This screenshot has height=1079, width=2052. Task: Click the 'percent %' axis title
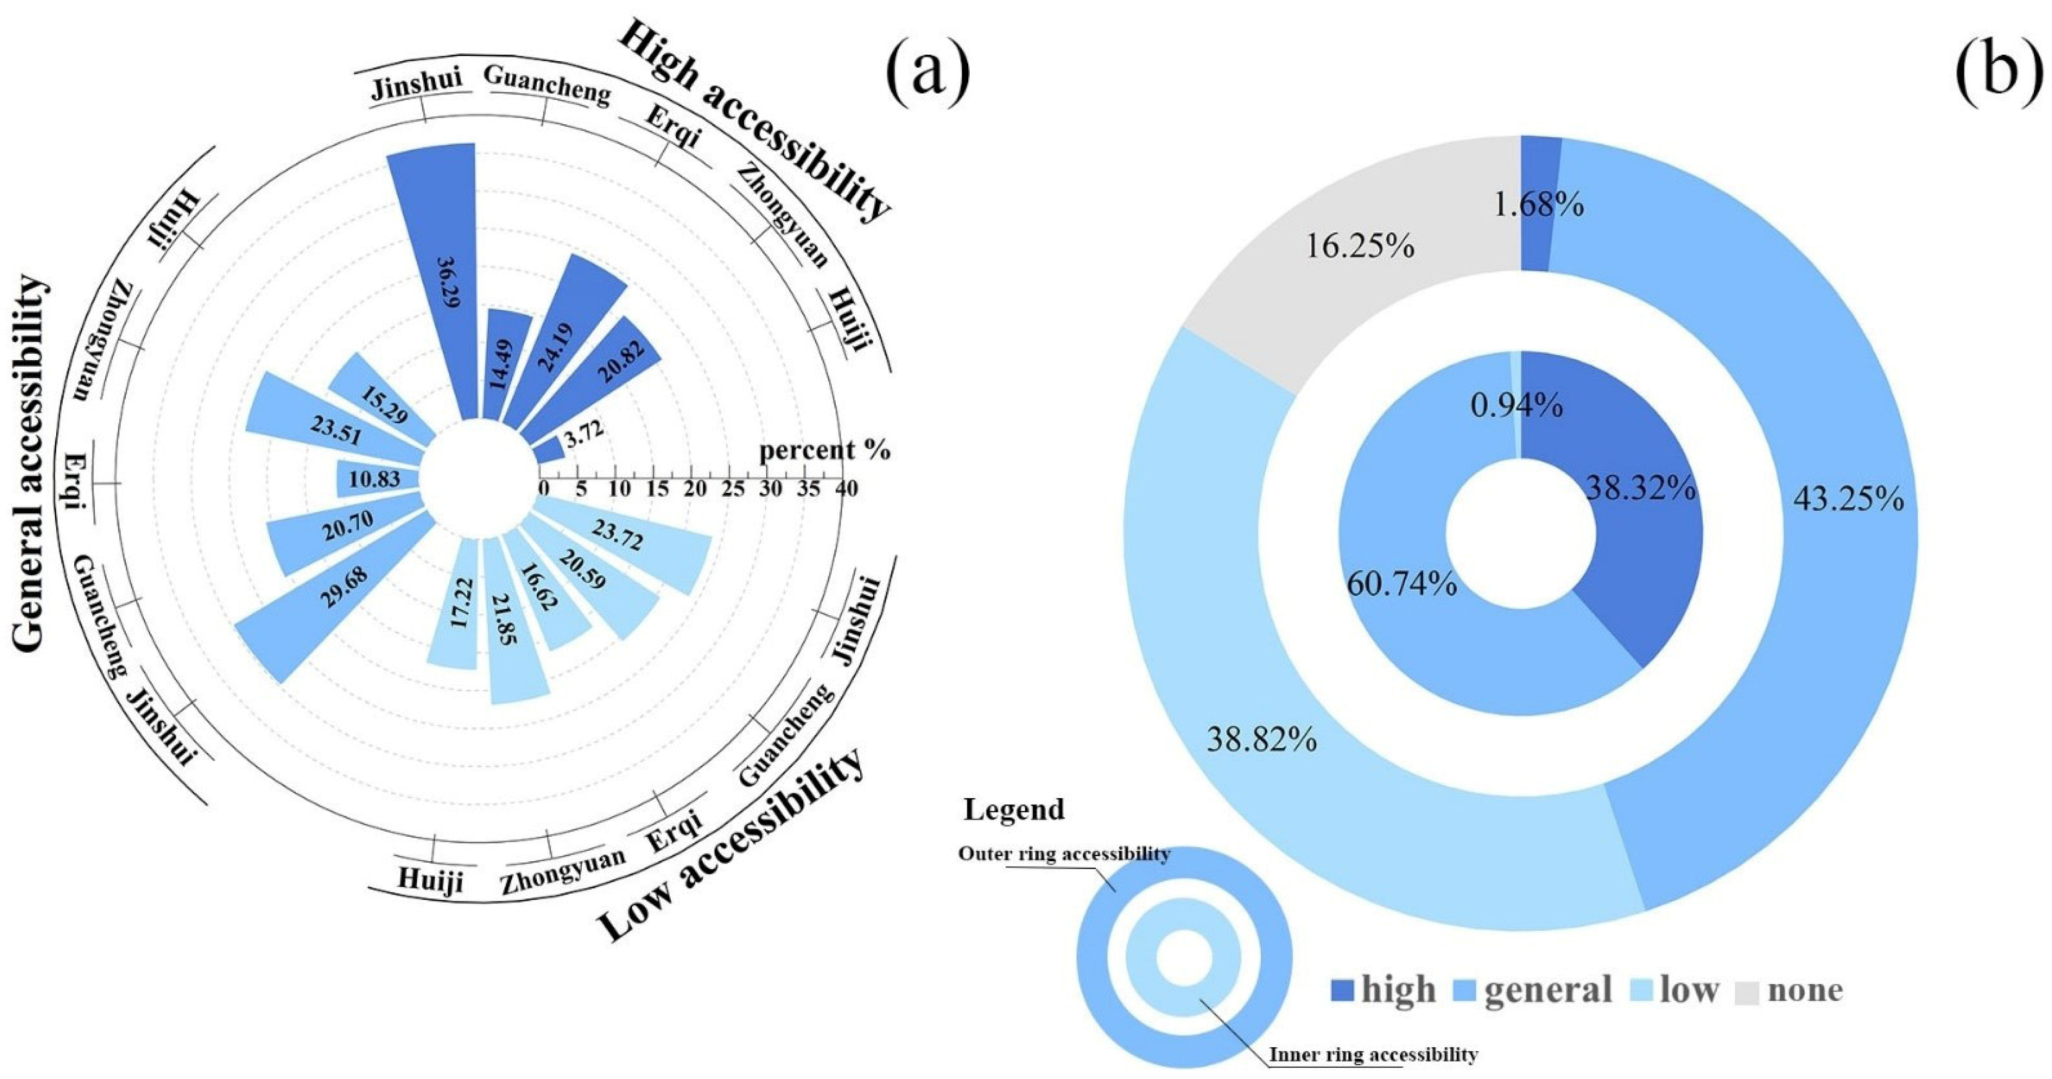pyautogui.click(x=824, y=451)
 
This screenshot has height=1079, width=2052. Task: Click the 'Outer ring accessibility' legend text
pyautogui.click(x=1064, y=854)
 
